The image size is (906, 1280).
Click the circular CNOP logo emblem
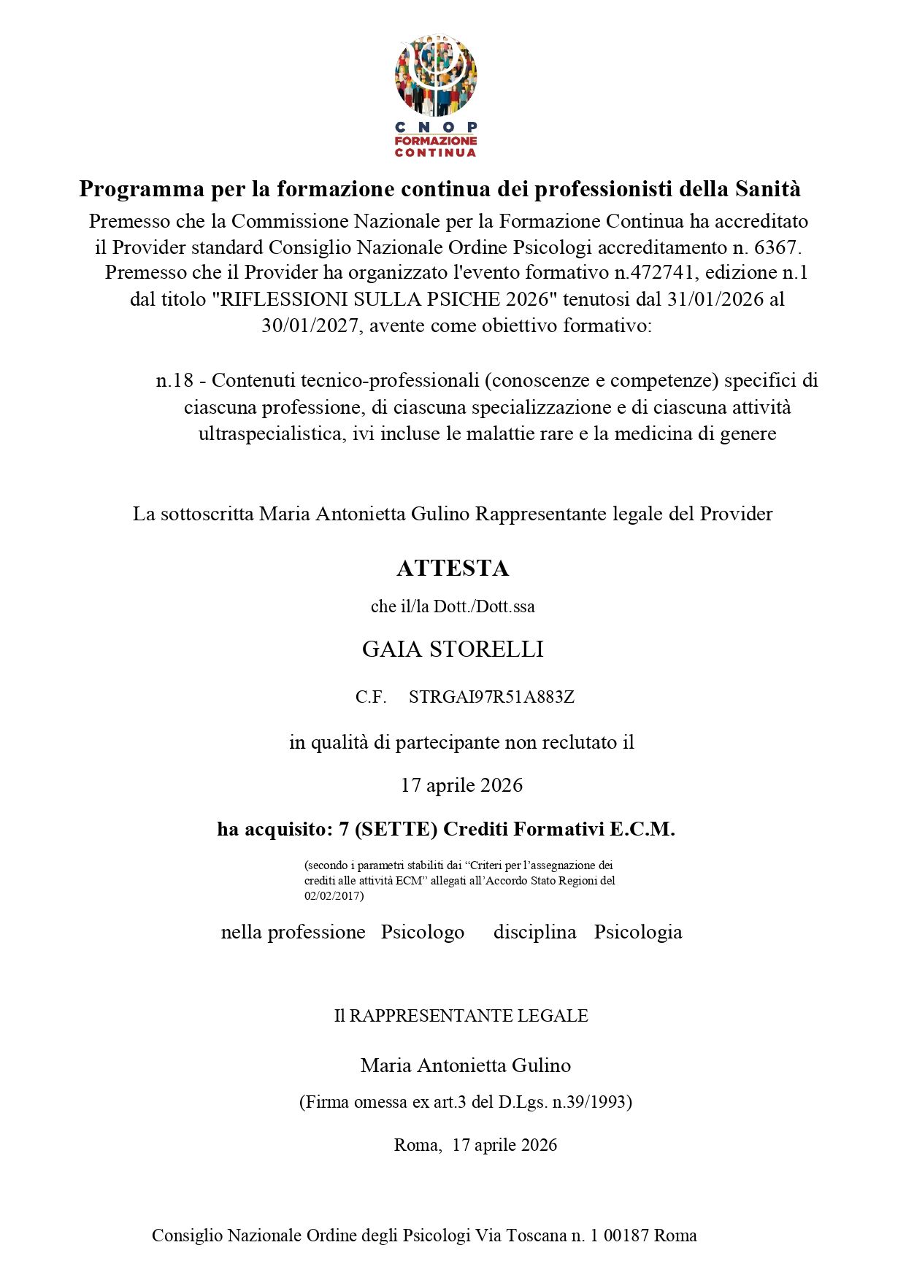point(436,75)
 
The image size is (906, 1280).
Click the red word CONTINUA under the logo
point(435,153)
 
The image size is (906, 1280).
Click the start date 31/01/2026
point(715,299)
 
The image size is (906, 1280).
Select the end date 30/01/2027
point(310,325)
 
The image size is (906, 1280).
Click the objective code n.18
point(174,380)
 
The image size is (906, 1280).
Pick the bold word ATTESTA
point(453,568)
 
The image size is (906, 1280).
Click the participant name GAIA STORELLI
point(453,649)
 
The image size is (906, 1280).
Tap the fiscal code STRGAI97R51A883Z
point(491,697)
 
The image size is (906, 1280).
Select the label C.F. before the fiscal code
point(371,697)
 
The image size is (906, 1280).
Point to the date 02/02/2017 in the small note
point(333,895)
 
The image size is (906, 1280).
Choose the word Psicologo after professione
point(422,932)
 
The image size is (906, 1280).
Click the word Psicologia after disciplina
point(637,932)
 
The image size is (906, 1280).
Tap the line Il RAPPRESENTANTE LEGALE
point(461,1016)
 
